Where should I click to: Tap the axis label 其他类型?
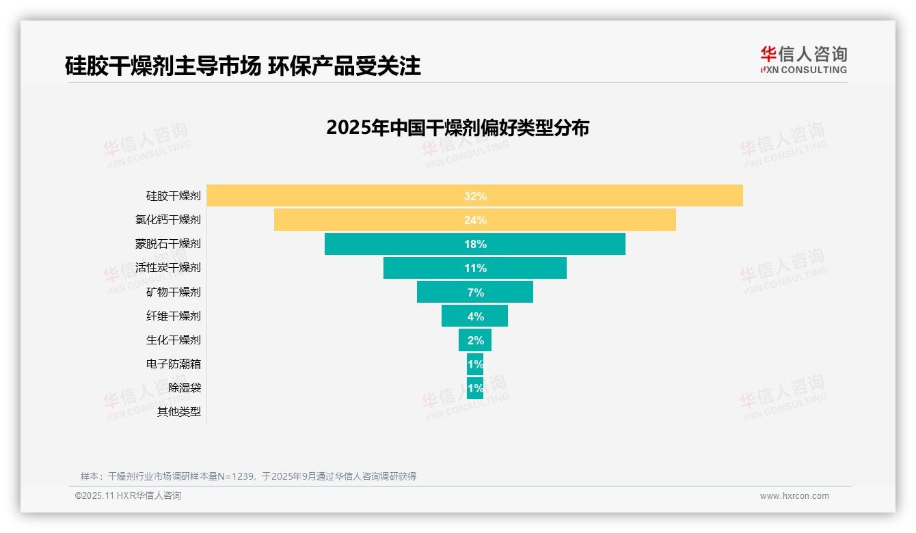coord(179,412)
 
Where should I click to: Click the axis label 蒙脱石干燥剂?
coord(168,244)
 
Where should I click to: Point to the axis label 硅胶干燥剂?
coord(174,196)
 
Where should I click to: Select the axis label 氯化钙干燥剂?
coord(168,220)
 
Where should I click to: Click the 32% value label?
coord(475,196)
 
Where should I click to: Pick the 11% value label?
coord(475,268)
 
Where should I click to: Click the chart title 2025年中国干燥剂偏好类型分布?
coord(457,128)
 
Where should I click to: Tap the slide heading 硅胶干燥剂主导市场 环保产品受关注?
coord(243,66)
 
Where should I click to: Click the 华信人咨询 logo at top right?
coord(803,59)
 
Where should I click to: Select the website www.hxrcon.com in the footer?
coord(794,496)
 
